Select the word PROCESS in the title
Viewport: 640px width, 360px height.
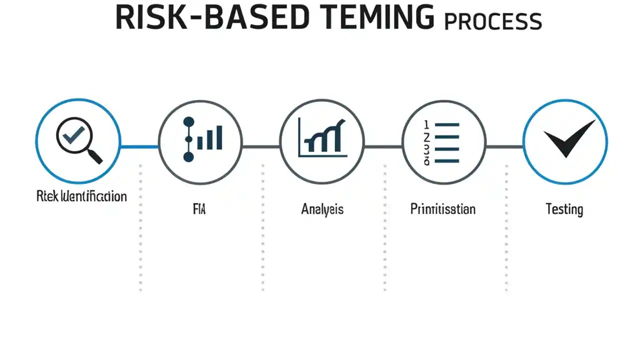pyautogui.click(x=493, y=21)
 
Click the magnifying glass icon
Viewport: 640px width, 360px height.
pyautogui.click(x=78, y=140)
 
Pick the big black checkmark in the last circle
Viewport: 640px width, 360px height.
pyautogui.click(x=568, y=138)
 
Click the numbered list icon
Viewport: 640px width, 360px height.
pyautogui.click(x=442, y=142)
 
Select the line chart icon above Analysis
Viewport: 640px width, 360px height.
pyautogui.click(x=322, y=138)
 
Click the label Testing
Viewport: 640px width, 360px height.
pyautogui.click(x=564, y=208)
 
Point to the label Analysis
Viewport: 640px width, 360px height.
pyautogui.click(x=322, y=208)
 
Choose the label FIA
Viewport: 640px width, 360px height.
pyautogui.click(x=199, y=208)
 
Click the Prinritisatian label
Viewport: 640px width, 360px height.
pyautogui.click(x=442, y=208)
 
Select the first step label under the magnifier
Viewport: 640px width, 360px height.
pyautogui.click(x=81, y=196)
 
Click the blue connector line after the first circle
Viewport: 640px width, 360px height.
pyautogui.click(x=139, y=146)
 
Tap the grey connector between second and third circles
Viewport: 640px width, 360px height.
pyautogui.click(x=261, y=146)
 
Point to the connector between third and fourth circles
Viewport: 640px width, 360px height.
pyautogui.click(x=383, y=146)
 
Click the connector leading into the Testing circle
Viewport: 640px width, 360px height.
pyautogui.click(x=504, y=146)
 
